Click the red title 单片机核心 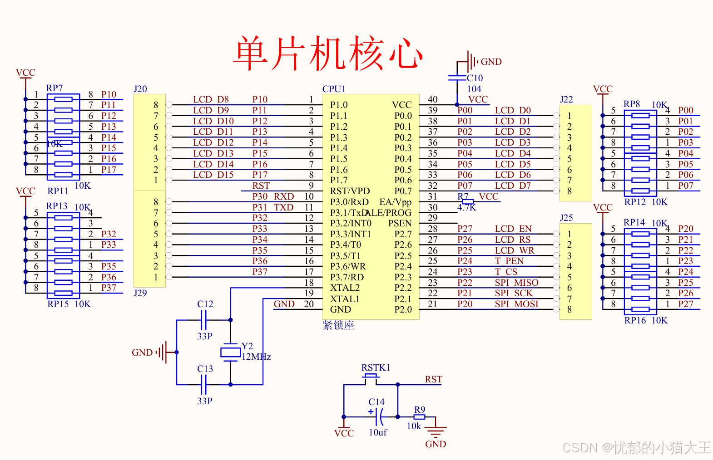[x=328, y=54]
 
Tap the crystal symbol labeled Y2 [x=230, y=352]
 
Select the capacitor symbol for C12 [x=203, y=320]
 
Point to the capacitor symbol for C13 [x=203, y=385]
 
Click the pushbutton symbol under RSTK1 [x=371, y=377]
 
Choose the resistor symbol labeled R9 [x=419, y=417]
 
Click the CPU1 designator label [x=334, y=89]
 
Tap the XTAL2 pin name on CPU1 [x=345, y=288]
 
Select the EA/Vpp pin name [x=395, y=202]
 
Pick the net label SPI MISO [x=516, y=283]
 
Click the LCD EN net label [x=513, y=229]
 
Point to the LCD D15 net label [x=213, y=175]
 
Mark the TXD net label [x=283, y=207]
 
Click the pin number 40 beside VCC [x=432, y=99]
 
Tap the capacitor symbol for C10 [x=457, y=78]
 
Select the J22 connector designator [x=566, y=99]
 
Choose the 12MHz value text [x=256, y=357]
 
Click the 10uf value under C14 [x=378, y=432]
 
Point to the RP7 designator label [x=54, y=88]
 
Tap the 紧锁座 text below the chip [x=338, y=325]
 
